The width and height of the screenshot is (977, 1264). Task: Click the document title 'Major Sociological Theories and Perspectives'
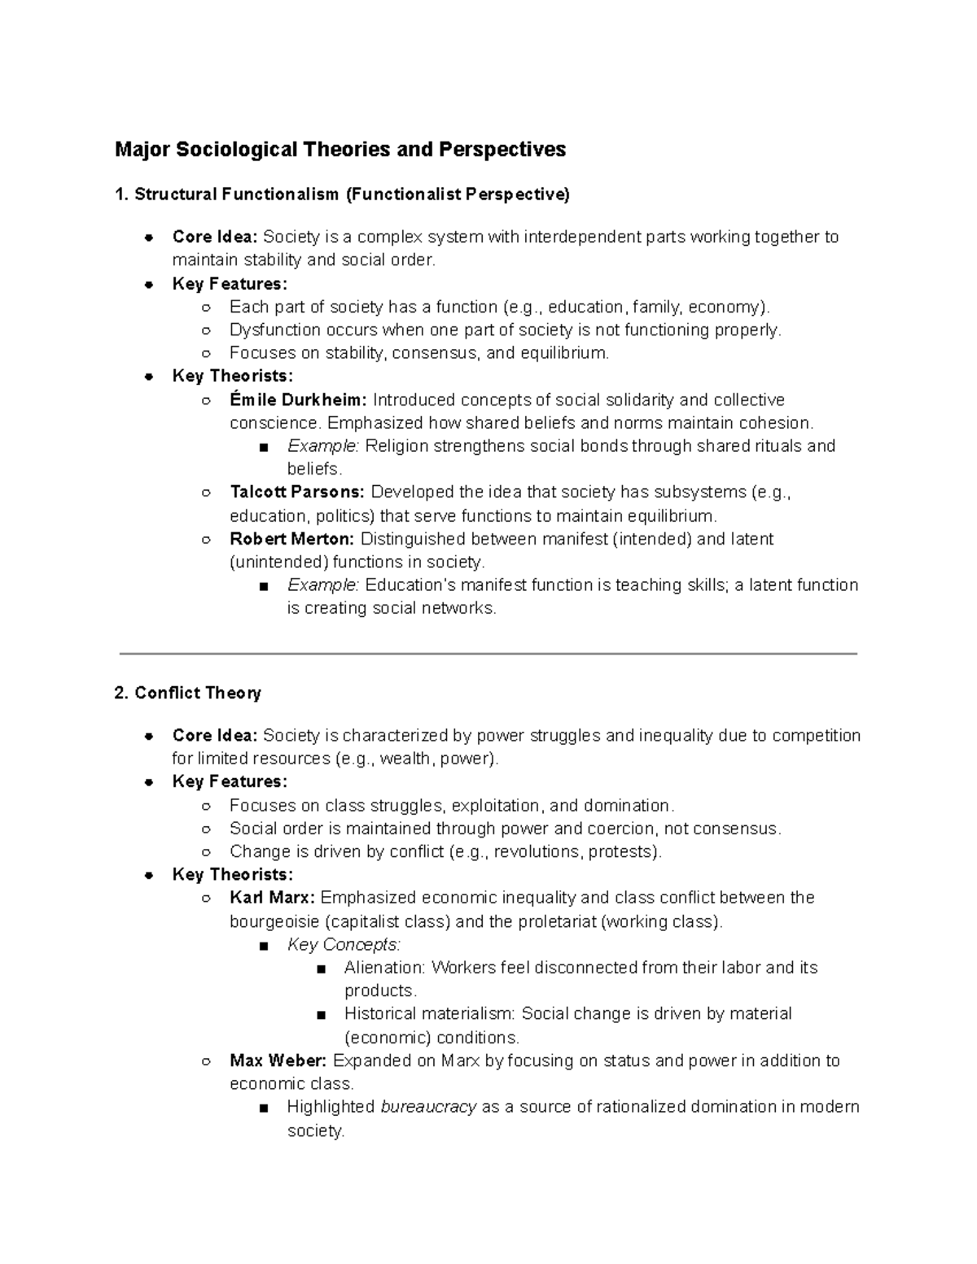tap(340, 150)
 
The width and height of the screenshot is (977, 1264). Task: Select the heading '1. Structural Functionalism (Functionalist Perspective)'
tap(342, 195)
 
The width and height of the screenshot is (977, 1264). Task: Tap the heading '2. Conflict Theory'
tap(187, 693)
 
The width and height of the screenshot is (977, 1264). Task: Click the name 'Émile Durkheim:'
tap(299, 400)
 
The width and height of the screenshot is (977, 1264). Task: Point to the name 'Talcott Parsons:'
tap(298, 492)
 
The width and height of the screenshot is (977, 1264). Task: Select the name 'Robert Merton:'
tap(292, 539)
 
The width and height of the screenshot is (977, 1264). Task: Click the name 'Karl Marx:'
tap(273, 898)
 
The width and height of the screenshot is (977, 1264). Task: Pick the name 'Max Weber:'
tap(278, 1061)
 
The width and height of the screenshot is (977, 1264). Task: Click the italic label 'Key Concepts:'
tap(344, 945)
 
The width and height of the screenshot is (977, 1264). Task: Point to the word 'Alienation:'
tap(385, 968)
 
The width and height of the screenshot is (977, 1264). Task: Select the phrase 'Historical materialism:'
tap(430, 1014)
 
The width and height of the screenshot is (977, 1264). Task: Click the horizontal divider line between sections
tap(488, 654)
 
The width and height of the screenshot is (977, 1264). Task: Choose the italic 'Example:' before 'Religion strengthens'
tap(323, 447)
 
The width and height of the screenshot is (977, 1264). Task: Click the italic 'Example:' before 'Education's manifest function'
tap(323, 585)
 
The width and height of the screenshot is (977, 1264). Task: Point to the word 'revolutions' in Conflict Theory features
tap(536, 852)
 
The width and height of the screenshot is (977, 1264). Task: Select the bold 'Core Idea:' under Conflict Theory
tap(215, 736)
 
